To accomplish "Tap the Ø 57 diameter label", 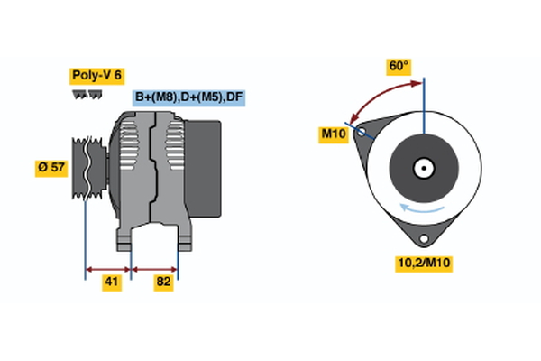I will pos(50,167).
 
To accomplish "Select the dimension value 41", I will pos(110,282).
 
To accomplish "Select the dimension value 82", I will pos(164,282).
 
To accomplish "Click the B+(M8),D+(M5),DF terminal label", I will pos(188,97).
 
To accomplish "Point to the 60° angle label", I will pos(399,66).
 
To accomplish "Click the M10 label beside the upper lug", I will pos(335,134).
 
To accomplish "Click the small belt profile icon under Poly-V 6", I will pos(86,94).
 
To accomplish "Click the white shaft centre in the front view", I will pos(423,167).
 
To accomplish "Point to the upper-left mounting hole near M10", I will pos(362,132).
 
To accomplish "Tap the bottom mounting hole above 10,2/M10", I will pos(423,236).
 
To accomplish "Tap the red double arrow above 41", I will pos(108,268).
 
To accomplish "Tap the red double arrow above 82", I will pos(155,268).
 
